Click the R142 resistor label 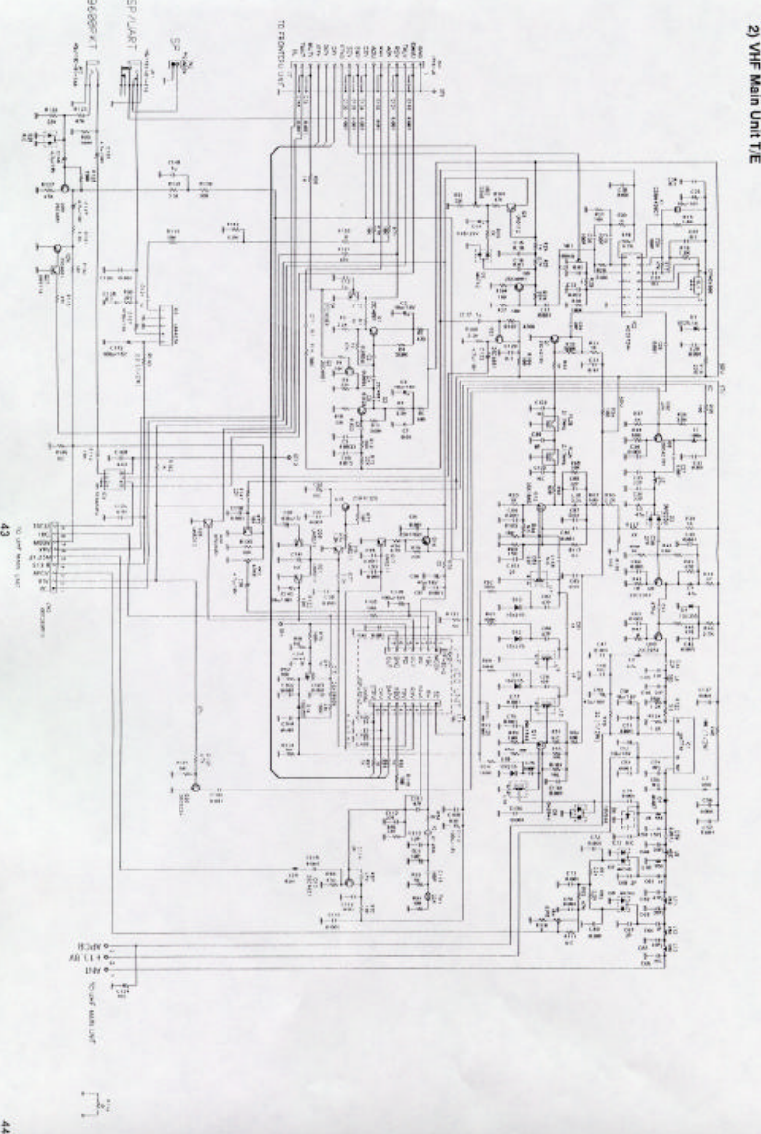[x=232, y=226]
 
